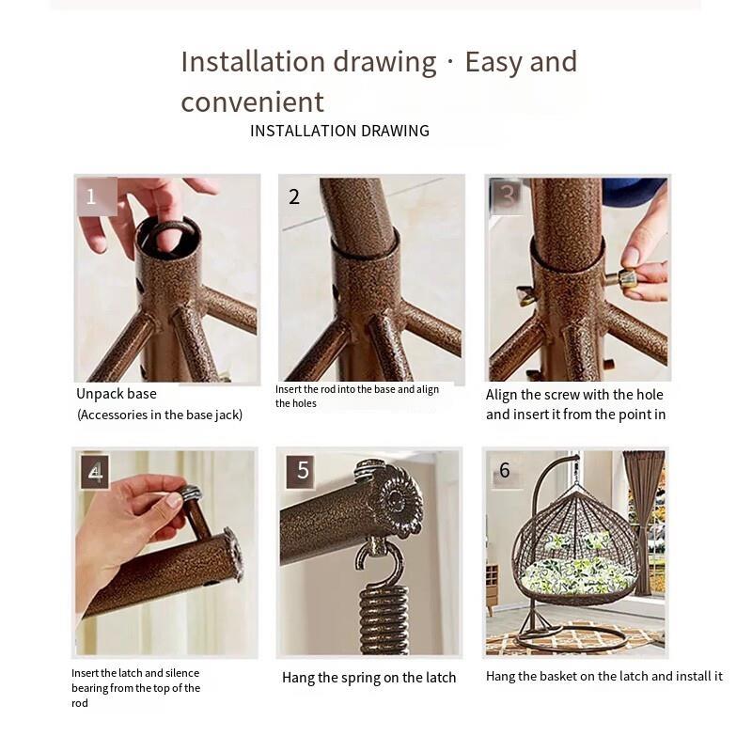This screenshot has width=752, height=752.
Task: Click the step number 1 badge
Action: click(97, 196)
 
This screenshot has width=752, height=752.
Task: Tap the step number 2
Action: click(294, 197)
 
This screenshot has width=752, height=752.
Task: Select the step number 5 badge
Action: click(301, 472)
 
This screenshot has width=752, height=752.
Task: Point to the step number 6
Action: click(504, 470)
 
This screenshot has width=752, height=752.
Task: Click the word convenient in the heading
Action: click(252, 102)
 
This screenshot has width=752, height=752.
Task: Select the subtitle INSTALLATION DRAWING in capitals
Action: click(339, 131)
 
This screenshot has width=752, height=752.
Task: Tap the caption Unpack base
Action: click(117, 394)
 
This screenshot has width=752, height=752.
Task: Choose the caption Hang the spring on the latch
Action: click(368, 678)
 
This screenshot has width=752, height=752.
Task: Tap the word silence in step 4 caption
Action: click(182, 673)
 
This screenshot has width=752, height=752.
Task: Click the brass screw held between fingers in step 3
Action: click(619, 278)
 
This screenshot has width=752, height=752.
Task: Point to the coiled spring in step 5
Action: click(384, 619)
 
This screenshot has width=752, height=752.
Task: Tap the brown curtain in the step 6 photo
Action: click(644, 523)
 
